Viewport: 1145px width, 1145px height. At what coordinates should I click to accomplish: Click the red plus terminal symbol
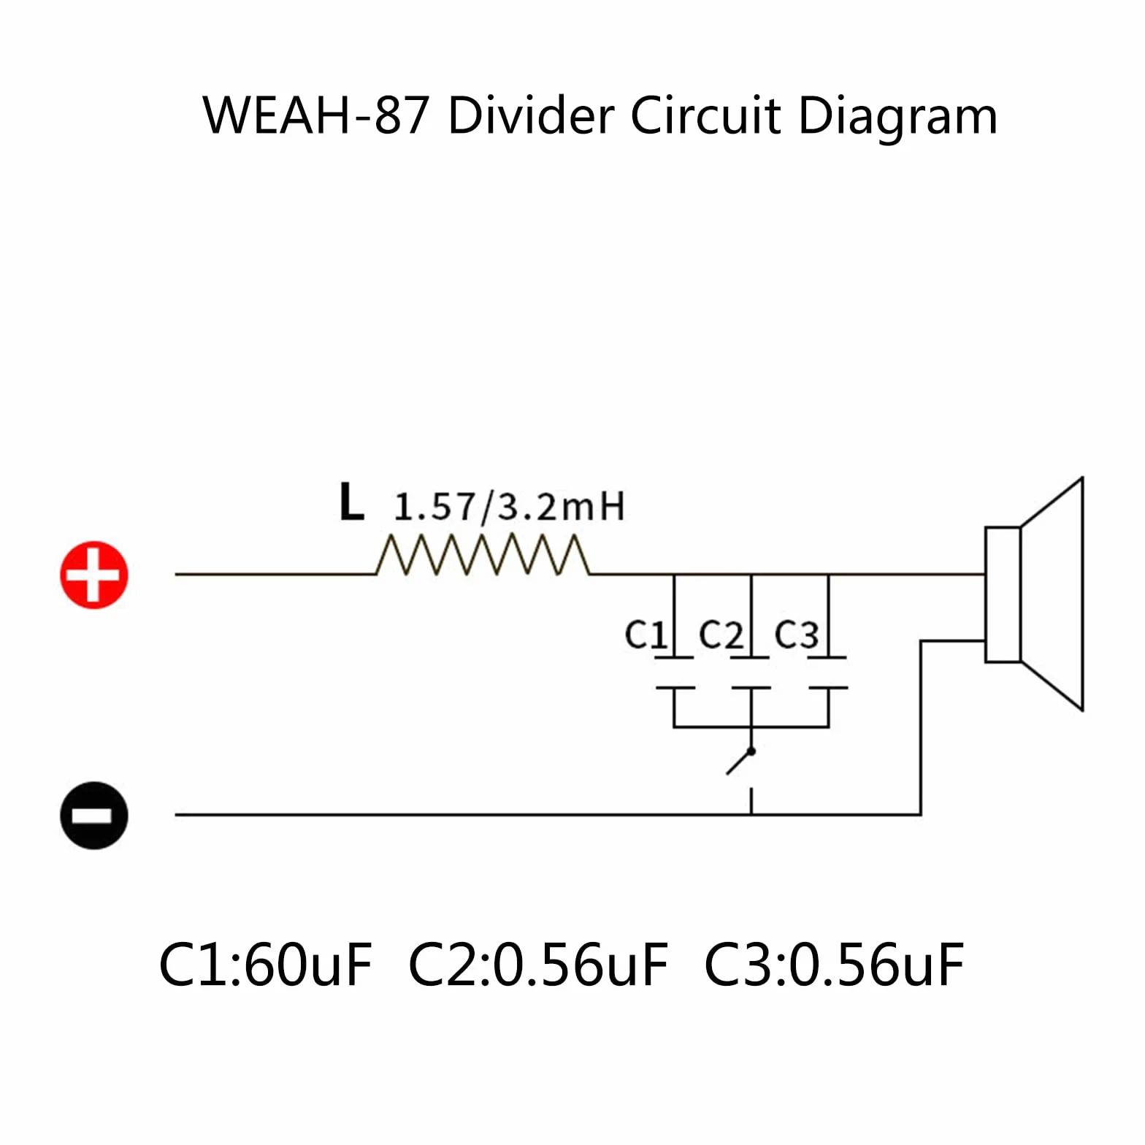click(x=94, y=575)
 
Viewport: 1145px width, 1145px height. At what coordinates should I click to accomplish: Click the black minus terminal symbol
click(x=94, y=815)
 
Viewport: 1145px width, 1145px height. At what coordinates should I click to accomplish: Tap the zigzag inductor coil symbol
click(x=483, y=556)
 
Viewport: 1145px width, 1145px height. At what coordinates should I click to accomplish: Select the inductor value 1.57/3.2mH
click(x=509, y=507)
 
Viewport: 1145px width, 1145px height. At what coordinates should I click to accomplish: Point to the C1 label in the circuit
click(x=646, y=634)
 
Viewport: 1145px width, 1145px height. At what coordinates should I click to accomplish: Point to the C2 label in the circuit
click(x=721, y=634)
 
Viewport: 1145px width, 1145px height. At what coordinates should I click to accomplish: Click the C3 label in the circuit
click(x=797, y=634)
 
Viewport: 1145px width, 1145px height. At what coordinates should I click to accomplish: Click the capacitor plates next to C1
click(x=674, y=673)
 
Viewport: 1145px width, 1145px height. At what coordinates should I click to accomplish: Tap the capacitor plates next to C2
click(x=751, y=673)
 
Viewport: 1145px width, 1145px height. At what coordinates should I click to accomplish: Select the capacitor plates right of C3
click(x=828, y=673)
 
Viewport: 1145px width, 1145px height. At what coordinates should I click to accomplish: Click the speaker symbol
click(x=1034, y=594)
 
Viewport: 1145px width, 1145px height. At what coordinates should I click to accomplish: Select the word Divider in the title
click(x=532, y=115)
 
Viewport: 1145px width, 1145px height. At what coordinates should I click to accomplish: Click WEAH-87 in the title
click(x=315, y=115)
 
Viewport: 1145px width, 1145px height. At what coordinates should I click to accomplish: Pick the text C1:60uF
click(x=265, y=965)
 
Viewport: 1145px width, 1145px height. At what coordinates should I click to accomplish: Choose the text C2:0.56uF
click(x=538, y=965)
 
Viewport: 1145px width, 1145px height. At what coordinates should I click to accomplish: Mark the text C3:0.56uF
click(x=834, y=965)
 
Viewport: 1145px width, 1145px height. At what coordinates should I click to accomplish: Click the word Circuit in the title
click(x=706, y=115)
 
